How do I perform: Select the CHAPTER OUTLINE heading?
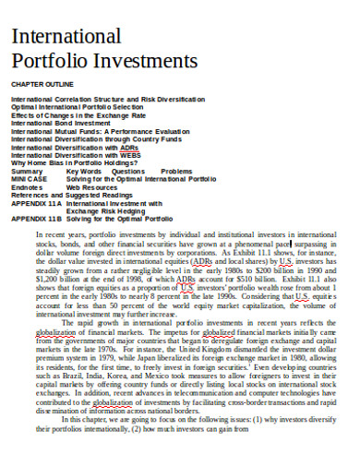click(x=41, y=84)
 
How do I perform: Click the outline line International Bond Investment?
click(x=59, y=121)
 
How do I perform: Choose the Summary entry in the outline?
click(x=27, y=171)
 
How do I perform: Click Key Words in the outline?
click(x=84, y=171)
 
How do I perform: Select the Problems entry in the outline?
click(x=176, y=171)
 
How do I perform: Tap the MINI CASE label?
click(x=30, y=178)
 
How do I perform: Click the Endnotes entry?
click(x=27, y=186)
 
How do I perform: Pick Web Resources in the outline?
click(x=93, y=186)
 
